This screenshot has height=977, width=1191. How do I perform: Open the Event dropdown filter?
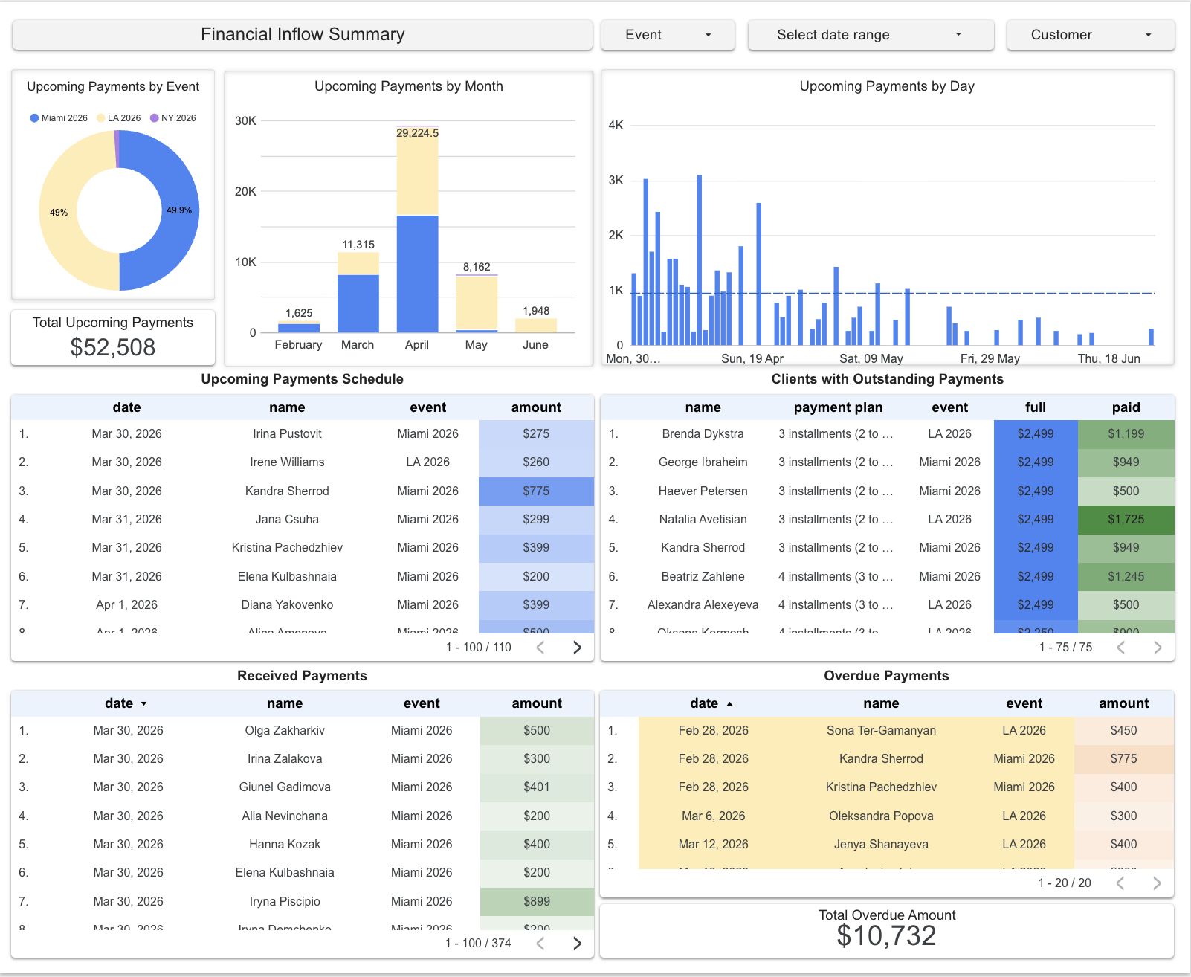tap(667, 35)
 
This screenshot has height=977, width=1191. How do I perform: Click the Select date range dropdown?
tap(870, 35)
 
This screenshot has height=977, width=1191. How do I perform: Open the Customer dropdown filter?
tap(1090, 35)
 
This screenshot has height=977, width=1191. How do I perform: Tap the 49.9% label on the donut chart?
tap(178, 210)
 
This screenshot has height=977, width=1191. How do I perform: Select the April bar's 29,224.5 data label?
tap(417, 133)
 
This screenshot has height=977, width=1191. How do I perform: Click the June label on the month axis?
tap(535, 345)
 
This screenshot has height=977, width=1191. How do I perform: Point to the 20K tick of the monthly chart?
tap(245, 192)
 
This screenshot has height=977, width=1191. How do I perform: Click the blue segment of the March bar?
tap(358, 303)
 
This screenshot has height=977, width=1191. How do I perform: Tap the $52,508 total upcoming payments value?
tap(113, 347)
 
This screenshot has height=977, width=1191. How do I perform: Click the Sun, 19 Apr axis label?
tap(752, 358)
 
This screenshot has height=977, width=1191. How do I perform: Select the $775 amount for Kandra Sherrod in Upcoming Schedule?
tap(536, 491)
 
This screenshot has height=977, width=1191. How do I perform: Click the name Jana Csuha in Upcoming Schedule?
tap(287, 520)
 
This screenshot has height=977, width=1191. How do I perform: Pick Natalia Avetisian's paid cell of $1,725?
tap(1126, 520)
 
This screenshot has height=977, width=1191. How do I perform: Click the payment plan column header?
tap(838, 407)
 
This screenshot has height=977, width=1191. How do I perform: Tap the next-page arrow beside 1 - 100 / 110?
tap(577, 648)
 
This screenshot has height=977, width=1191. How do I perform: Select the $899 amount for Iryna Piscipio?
tap(536, 902)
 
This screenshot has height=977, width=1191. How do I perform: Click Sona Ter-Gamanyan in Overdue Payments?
tap(881, 731)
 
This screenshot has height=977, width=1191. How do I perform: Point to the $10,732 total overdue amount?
tap(886, 936)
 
